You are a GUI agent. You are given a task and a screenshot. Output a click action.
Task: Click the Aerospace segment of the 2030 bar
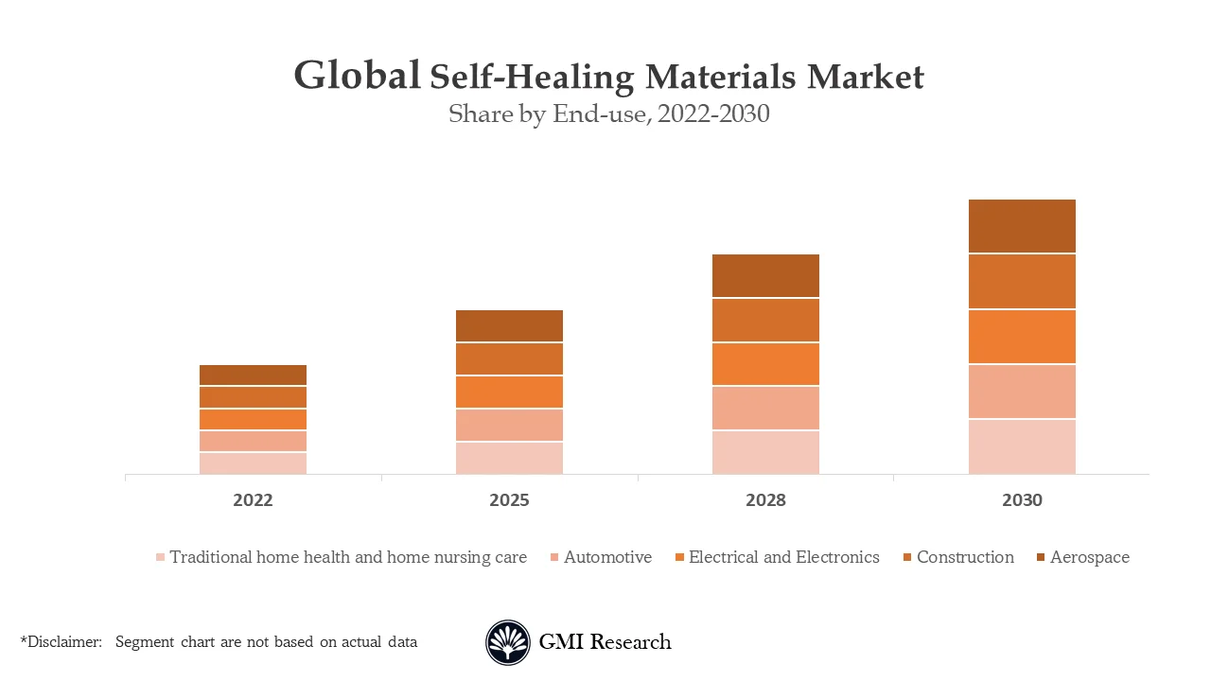pos(1022,226)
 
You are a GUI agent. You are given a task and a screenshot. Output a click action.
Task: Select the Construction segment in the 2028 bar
pos(765,320)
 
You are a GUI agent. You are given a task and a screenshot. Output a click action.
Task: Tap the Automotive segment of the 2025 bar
pos(509,425)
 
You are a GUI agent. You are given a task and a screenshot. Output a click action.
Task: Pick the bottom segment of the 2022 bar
pos(253,463)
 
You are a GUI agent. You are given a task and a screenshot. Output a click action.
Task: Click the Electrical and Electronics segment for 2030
pos(1022,336)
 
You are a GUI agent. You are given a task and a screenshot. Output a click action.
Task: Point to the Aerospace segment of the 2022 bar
pos(253,375)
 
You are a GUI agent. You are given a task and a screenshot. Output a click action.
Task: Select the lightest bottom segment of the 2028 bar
pos(765,452)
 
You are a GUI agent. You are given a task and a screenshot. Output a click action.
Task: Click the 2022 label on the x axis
pos(253,500)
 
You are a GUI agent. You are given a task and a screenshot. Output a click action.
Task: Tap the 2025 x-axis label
pos(509,500)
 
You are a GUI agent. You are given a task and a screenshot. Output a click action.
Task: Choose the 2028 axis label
pos(765,500)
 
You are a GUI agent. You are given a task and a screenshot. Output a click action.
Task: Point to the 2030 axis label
pos(1022,500)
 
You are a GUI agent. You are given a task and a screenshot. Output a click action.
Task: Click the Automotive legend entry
pos(607,557)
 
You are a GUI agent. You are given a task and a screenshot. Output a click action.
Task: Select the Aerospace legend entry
pos(1089,557)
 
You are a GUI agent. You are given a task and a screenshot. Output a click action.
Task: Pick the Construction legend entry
pos(964,557)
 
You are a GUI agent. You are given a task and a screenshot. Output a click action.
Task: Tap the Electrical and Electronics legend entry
pos(783,557)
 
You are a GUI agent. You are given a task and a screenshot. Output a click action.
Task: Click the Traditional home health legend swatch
pos(161,558)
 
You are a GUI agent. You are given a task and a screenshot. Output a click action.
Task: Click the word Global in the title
pos(357,76)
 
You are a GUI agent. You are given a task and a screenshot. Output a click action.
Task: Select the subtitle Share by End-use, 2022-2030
pos(608,114)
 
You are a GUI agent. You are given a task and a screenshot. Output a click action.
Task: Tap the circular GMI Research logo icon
pos(508,642)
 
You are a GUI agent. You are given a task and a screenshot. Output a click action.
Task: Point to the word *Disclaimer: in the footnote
pos(61,642)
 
